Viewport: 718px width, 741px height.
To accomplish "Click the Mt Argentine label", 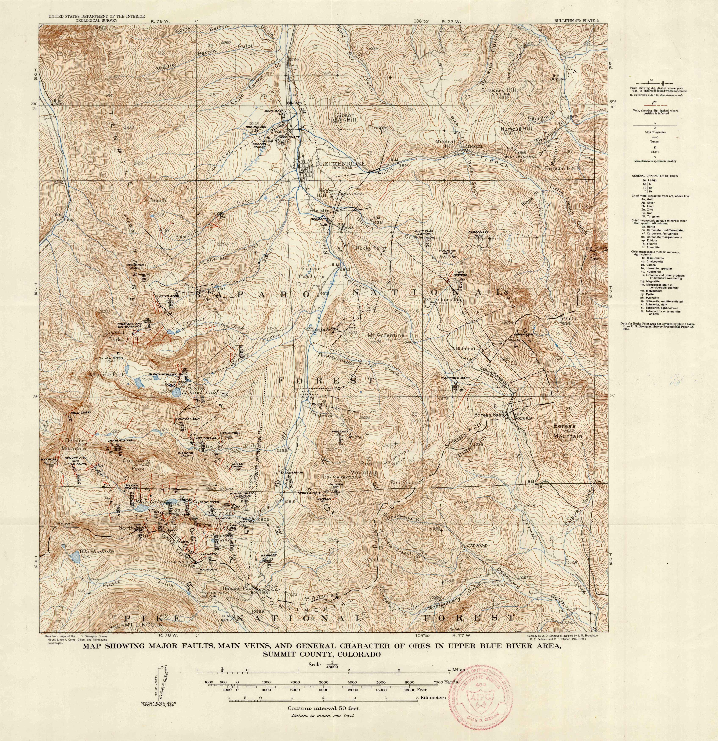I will click(386, 335).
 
